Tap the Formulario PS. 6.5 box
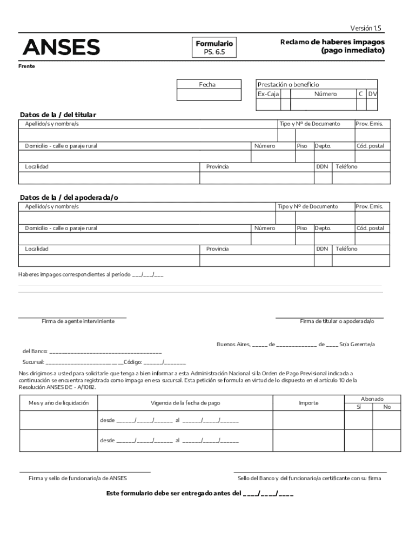click(214, 48)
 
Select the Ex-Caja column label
click(265, 94)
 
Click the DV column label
click(372, 94)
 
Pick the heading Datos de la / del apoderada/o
click(69, 198)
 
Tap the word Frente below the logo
click(27, 66)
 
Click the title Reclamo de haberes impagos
click(332, 42)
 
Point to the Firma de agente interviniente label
click(78, 321)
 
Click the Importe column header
click(308, 403)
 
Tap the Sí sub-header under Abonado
click(359, 407)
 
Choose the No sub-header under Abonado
click(387, 407)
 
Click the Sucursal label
click(33, 362)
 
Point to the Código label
click(133, 362)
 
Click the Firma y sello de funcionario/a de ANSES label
click(78, 478)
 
